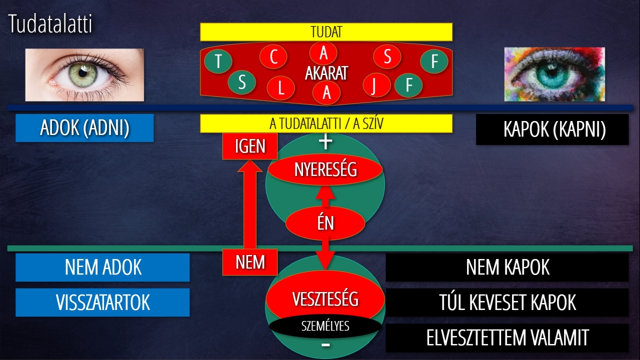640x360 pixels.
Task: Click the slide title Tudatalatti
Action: [x=50, y=24]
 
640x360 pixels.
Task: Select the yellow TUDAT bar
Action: [x=326, y=32]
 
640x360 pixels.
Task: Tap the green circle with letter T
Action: [x=218, y=61]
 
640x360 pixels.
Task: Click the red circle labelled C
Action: [x=273, y=57]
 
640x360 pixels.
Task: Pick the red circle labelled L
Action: [x=280, y=88]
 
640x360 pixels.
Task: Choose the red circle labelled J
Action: [x=373, y=84]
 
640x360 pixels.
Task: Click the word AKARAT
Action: [x=326, y=73]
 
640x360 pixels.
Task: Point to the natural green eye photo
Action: [x=84, y=75]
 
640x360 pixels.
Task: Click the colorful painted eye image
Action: [x=554, y=74]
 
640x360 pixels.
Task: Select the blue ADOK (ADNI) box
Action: [x=84, y=128]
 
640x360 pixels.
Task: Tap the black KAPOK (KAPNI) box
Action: [x=552, y=129]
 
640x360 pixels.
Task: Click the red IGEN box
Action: [x=250, y=146]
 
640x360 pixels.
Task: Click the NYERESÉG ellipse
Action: [x=325, y=169]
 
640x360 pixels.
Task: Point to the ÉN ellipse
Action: [x=325, y=223]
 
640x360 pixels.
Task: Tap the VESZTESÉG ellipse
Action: [x=325, y=298]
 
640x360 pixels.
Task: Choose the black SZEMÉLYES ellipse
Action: [x=325, y=326]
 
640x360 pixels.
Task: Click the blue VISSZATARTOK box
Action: [x=102, y=302]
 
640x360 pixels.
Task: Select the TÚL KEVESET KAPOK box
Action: [x=507, y=302]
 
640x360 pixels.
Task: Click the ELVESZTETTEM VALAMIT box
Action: [x=507, y=337]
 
